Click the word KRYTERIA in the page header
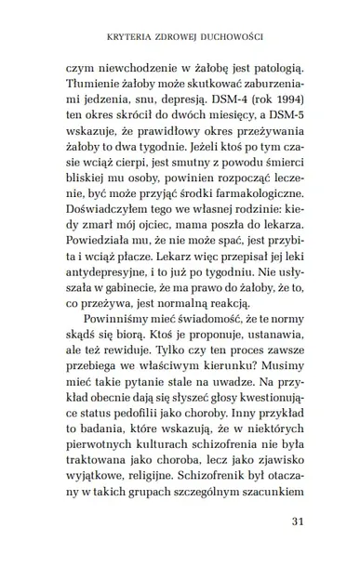coord(127,38)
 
